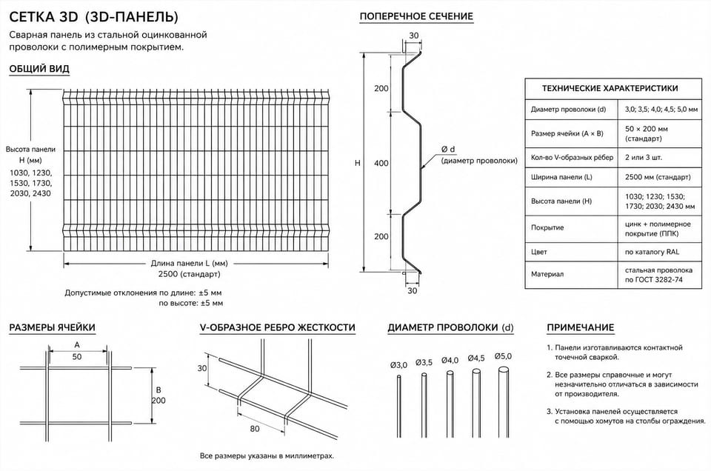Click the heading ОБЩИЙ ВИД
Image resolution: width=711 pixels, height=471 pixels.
(39, 69)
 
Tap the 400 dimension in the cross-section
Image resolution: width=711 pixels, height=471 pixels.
(381, 163)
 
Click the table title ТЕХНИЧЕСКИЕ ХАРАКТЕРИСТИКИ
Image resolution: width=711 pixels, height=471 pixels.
(610, 88)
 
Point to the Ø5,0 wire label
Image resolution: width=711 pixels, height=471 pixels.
(504, 356)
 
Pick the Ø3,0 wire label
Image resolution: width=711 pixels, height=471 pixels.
(399, 365)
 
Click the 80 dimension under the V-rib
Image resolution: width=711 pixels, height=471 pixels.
(255, 428)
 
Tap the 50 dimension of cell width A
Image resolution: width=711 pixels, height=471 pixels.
(77, 357)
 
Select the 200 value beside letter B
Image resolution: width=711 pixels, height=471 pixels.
(158, 401)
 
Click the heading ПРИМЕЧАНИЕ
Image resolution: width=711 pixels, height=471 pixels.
(581, 328)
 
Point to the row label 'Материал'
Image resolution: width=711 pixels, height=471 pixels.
(547, 274)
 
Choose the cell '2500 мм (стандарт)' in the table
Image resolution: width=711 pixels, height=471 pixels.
(658, 177)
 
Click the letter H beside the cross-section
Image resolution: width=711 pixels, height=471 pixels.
(357, 163)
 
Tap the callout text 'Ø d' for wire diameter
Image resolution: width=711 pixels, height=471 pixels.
(448, 149)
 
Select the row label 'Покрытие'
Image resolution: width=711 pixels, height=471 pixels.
(547, 227)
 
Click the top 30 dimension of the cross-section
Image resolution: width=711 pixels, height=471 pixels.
(414, 36)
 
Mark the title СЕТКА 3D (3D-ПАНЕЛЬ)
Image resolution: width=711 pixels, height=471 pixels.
(94, 17)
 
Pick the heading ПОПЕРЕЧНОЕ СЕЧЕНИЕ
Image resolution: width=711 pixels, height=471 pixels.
(416, 17)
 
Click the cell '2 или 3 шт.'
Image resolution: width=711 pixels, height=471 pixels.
(644, 158)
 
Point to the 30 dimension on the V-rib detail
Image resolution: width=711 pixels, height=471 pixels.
(201, 369)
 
